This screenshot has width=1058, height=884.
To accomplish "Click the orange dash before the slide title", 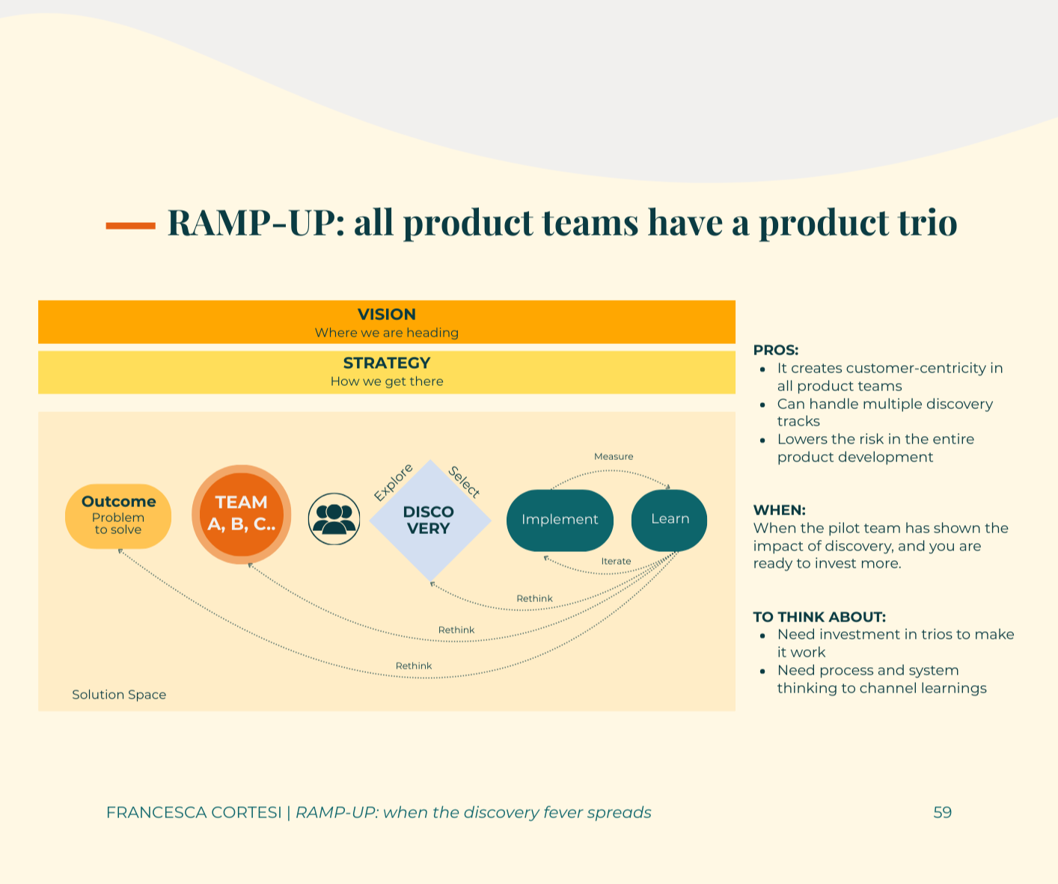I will [130, 225].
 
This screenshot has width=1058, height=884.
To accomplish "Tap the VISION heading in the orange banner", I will [386, 314].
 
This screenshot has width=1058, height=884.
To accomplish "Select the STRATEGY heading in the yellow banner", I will [386, 363].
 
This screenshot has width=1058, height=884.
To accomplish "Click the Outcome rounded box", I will [118, 516].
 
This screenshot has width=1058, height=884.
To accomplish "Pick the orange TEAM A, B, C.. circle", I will [241, 514].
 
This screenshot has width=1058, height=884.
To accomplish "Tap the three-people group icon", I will [334, 518].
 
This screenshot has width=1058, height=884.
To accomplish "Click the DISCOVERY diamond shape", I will [429, 521].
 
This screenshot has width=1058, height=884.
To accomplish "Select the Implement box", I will [560, 520].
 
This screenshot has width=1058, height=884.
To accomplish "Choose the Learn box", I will [670, 519].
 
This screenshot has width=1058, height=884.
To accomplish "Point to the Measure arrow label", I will [614, 456].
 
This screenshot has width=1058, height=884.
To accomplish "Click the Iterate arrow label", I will [616, 561].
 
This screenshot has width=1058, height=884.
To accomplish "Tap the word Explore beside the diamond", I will [393, 482].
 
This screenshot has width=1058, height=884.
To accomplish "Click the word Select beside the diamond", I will [464, 482].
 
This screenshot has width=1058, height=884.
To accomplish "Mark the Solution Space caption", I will [119, 695].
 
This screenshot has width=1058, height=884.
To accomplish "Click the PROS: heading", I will [776, 350].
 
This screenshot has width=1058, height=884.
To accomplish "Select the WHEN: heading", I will [779, 510].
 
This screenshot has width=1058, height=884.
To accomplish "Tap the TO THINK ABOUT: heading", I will [819, 617].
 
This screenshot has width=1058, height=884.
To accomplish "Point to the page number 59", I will [942, 812].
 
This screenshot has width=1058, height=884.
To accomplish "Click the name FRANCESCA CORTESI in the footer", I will [194, 812].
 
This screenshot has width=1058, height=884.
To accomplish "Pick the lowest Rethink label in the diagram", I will [414, 666].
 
